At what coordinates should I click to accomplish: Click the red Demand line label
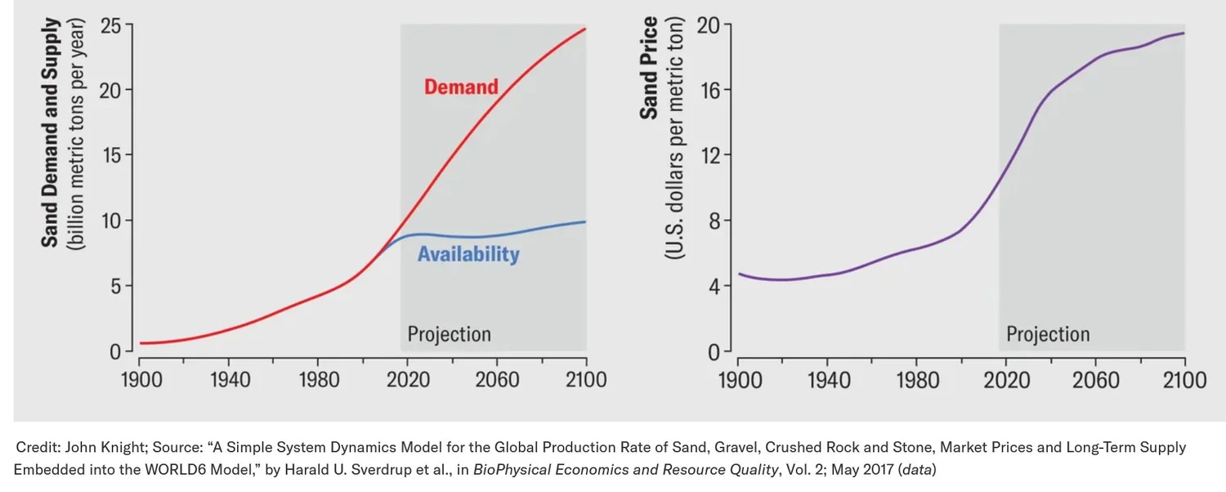point(461,87)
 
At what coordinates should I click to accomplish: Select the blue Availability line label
point(468,254)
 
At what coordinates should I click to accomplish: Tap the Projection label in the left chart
point(449,334)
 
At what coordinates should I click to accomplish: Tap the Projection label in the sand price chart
point(1048,334)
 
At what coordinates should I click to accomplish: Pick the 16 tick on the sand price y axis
point(709,90)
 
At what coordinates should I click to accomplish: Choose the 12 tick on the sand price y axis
point(709,155)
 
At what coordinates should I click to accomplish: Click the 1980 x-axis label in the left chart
point(318,380)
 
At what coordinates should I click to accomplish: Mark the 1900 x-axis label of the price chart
point(739,380)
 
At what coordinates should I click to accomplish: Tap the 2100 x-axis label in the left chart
point(585,380)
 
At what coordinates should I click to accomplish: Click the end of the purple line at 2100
point(1184,33)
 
